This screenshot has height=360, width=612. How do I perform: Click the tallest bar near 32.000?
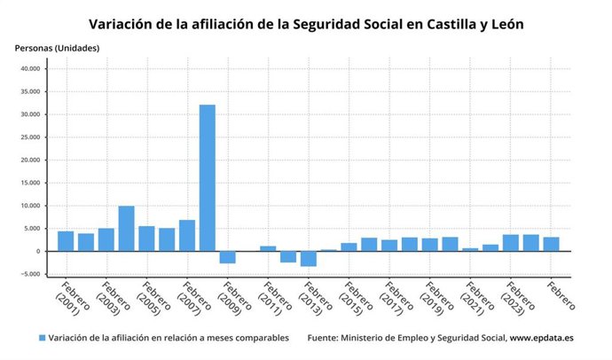[x=207, y=177]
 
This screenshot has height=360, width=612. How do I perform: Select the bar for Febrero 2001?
[x=66, y=241]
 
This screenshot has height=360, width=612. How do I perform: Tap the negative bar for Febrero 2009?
[x=227, y=257]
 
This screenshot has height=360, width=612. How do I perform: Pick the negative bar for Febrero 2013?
[x=308, y=258]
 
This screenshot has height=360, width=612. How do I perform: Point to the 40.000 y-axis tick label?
[x=29, y=68]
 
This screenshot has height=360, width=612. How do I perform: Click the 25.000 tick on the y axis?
[x=29, y=137]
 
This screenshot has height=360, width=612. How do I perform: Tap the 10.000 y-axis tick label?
[x=29, y=206]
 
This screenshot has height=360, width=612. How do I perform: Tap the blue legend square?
[x=41, y=339]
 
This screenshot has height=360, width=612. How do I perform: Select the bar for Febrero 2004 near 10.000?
[x=126, y=229]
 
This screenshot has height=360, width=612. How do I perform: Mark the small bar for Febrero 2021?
[x=470, y=249]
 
